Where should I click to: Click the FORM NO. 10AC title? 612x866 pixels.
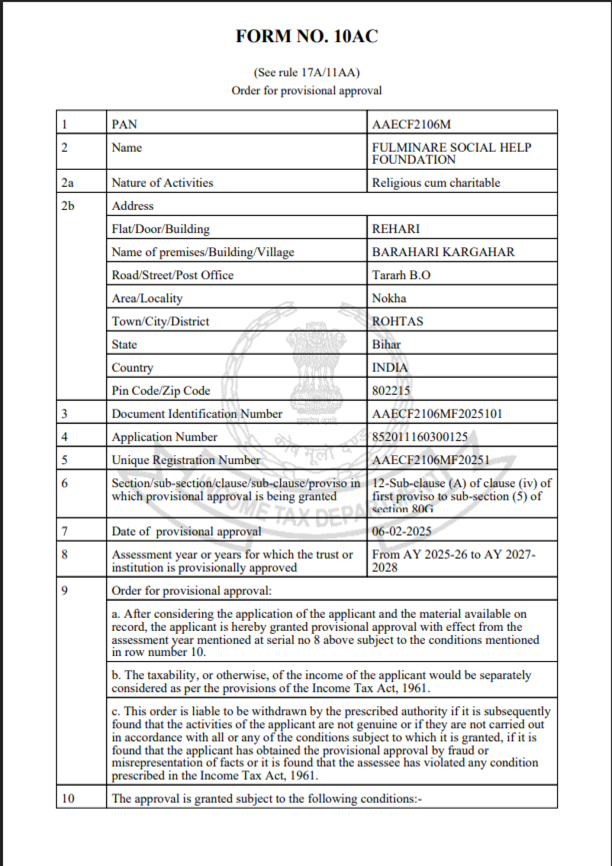pos(306,36)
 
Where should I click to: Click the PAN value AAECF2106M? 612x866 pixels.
pos(411,125)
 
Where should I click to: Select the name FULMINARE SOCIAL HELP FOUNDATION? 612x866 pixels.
pos(451,153)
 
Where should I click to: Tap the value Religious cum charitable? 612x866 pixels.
pos(436,183)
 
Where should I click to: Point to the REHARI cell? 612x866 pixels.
pos(396,229)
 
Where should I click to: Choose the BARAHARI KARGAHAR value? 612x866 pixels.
pos(443,252)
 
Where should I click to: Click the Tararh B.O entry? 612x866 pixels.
pos(401,275)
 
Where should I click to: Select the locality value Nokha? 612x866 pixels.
pos(389,298)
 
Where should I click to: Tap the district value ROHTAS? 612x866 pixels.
pos(397,321)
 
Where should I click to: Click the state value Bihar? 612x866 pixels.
pos(386,345)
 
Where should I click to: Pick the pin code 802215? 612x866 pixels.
pos(391,391)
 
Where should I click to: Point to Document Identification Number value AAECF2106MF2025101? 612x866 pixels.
pos(437,414)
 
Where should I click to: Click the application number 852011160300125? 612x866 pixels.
pos(420,437)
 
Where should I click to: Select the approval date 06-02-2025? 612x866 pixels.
pos(402,531)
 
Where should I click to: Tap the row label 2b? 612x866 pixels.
pos(68,206)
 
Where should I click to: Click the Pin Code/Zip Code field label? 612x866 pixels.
pos(161,391)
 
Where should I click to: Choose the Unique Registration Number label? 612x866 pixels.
pos(186,460)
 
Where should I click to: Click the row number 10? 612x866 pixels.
pos(68,798)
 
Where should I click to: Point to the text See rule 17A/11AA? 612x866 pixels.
pos(306,72)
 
